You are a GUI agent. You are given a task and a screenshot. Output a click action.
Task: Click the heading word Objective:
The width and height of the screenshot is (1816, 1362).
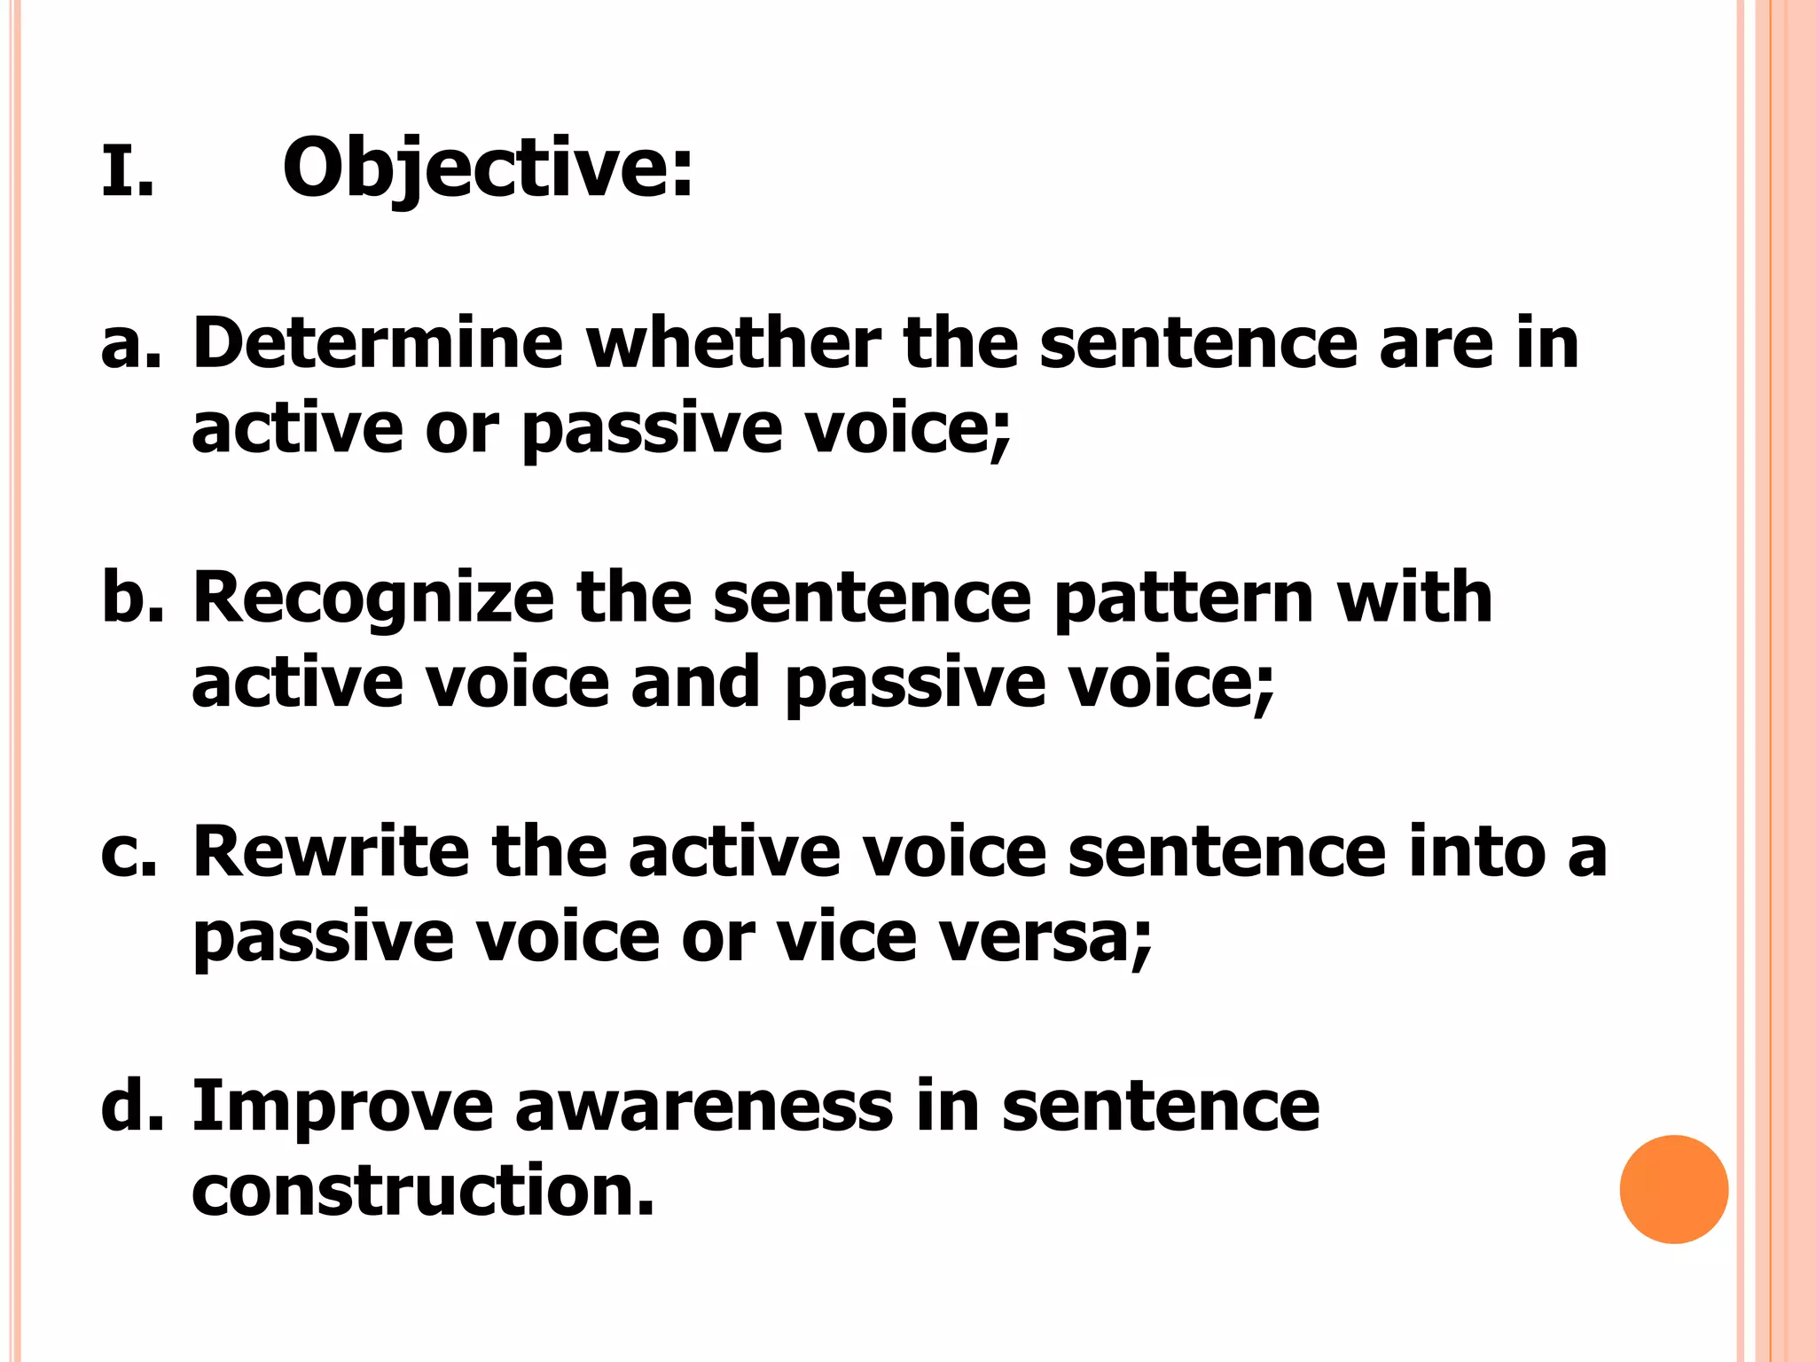click(x=487, y=168)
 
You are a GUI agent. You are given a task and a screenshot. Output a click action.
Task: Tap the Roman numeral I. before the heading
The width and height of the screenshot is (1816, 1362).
click(x=127, y=173)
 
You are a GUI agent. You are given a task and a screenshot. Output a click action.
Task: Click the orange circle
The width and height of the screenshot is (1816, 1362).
click(x=1673, y=1189)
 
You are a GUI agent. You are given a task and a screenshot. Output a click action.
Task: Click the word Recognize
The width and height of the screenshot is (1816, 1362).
click(x=373, y=598)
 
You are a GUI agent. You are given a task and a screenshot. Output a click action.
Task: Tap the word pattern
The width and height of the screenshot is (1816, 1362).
click(x=1184, y=599)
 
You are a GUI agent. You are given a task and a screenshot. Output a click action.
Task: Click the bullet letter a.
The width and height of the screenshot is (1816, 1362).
click(x=131, y=344)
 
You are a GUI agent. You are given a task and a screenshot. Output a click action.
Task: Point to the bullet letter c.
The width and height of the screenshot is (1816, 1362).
click(x=129, y=853)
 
